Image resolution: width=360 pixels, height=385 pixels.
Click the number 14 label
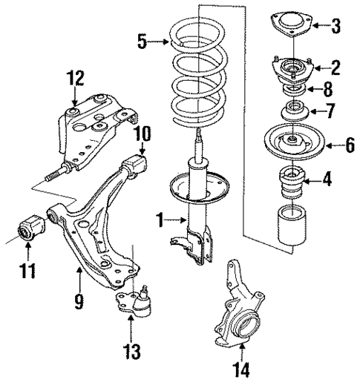[x=240, y=369]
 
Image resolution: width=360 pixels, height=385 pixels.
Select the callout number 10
[x=142, y=134]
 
